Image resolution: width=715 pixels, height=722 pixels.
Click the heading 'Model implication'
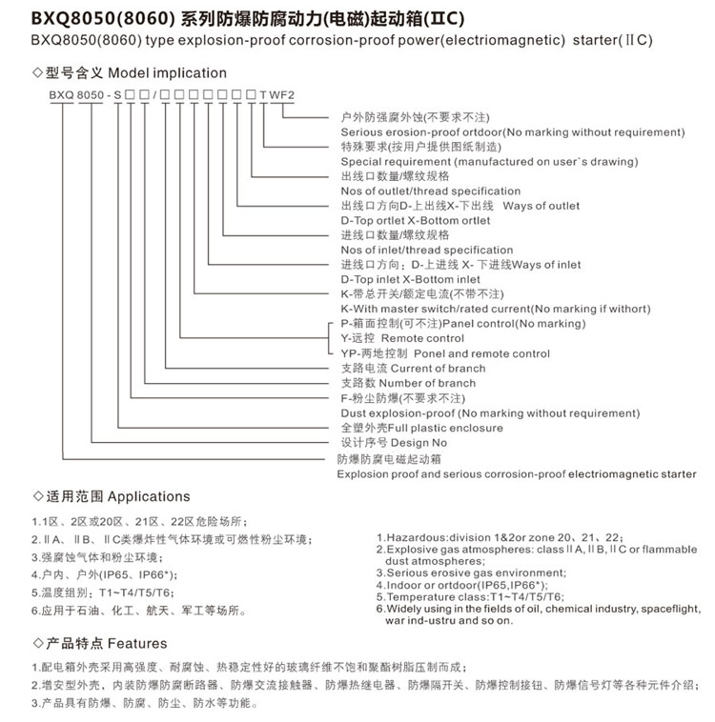(x=168, y=72)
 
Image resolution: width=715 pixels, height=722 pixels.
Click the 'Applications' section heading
(x=149, y=496)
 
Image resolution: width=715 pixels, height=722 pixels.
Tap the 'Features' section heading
(x=137, y=643)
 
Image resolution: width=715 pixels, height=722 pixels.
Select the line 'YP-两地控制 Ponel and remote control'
(x=444, y=353)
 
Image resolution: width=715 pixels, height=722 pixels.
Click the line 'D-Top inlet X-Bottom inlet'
(x=410, y=279)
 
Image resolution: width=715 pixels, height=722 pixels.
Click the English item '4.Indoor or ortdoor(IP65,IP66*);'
(x=467, y=585)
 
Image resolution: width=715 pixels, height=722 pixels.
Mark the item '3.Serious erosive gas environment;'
(x=470, y=572)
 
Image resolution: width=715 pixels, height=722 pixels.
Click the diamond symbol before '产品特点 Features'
(x=37, y=643)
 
